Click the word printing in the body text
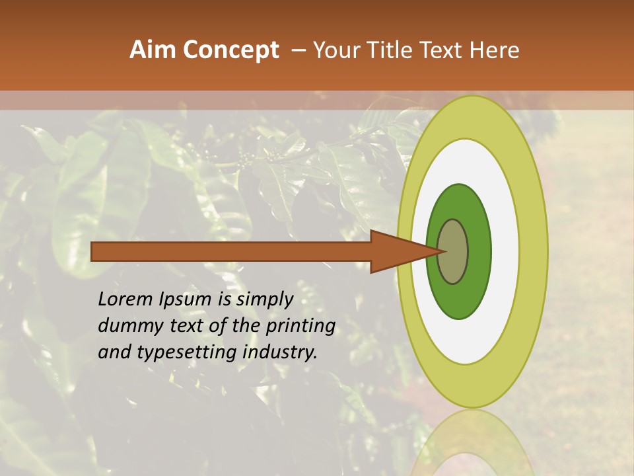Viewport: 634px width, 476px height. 300,327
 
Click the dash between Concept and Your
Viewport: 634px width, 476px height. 298,50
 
